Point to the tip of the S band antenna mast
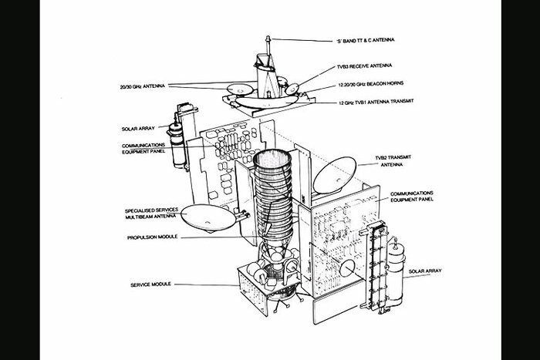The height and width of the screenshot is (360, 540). (267, 36)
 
